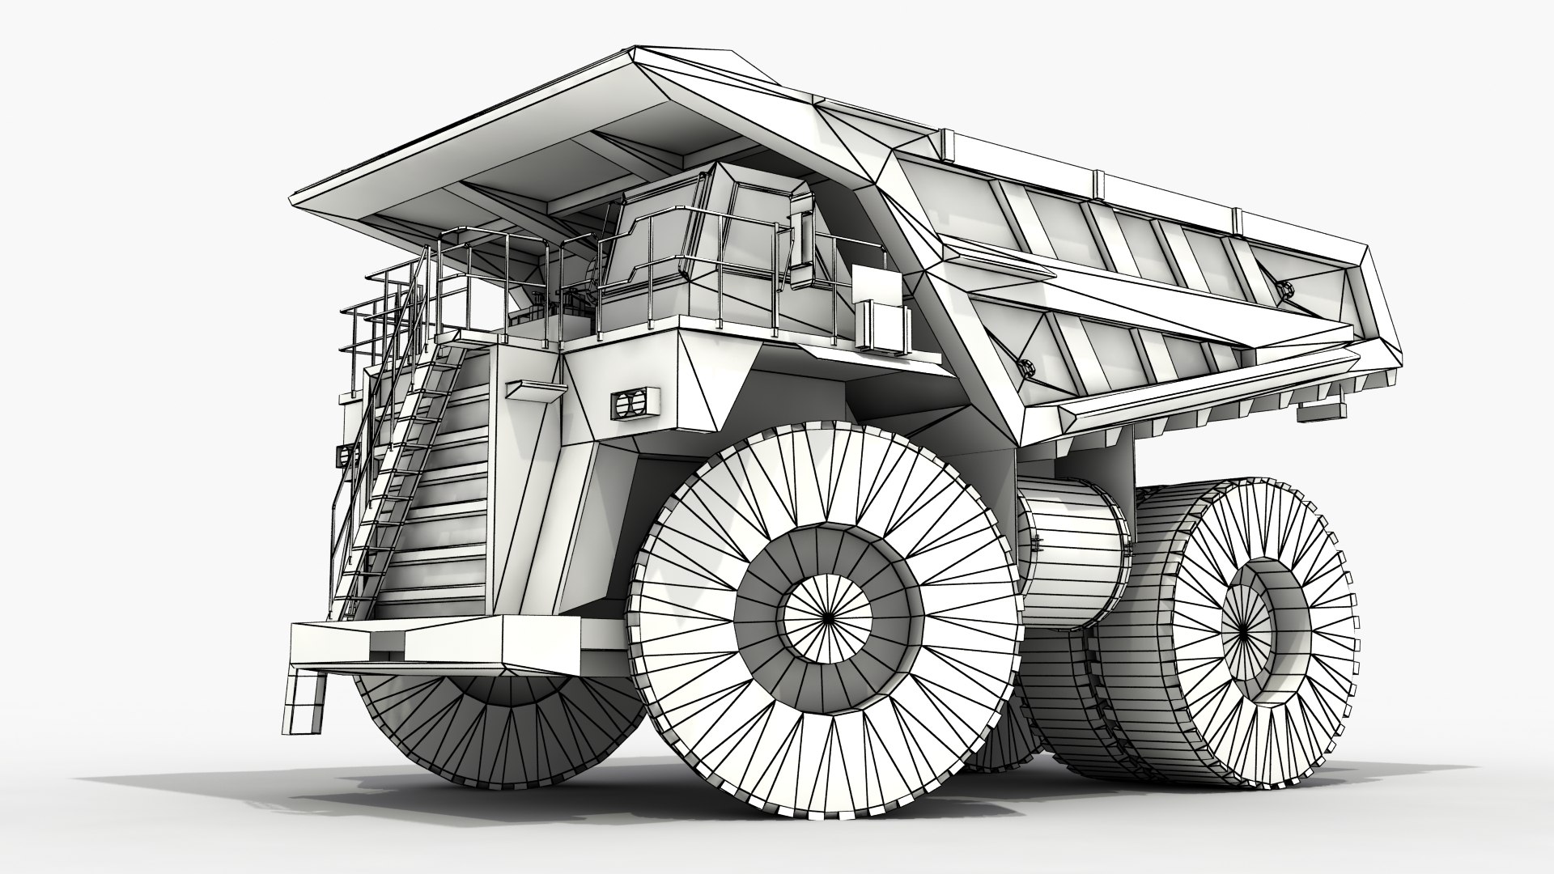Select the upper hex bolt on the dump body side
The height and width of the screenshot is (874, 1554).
1283,288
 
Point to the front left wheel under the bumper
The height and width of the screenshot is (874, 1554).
486,720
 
